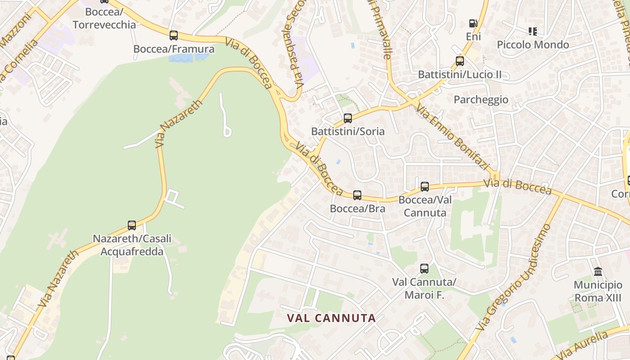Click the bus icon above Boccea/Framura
pyautogui.click(x=174, y=35)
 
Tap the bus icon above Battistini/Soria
pyautogui.click(x=348, y=118)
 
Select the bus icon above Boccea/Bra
pyautogui.click(x=357, y=195)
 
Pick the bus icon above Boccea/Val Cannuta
pyautogui.click(x=425, y=186)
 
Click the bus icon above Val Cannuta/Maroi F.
pyautogui.click(x=424, y=269)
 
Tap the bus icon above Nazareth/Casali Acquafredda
pyautogui.click(x=132, y=225)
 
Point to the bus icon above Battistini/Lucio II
pyautogui.click(x=460, y=61)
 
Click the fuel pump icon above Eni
pyautogui.click(x=473, y=23)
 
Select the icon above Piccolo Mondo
pyautogui.click(x=533, y=31)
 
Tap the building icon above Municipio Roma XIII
pyautogui.click(x=598, y=271)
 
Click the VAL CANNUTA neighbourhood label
pyautogui.click(x=331, y=318)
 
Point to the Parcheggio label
pyautogui.click(x=481, y=99)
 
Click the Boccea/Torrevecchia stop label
pyautogui.click(x=104, y=18)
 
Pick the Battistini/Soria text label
pyautogui.click(x=348, y=131)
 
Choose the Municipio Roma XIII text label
pyautogui.click(x=598, y=291)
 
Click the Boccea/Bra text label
pyautogui.click(x=357, y=208)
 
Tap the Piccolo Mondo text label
pyautogui.click(x=533, y=45)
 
